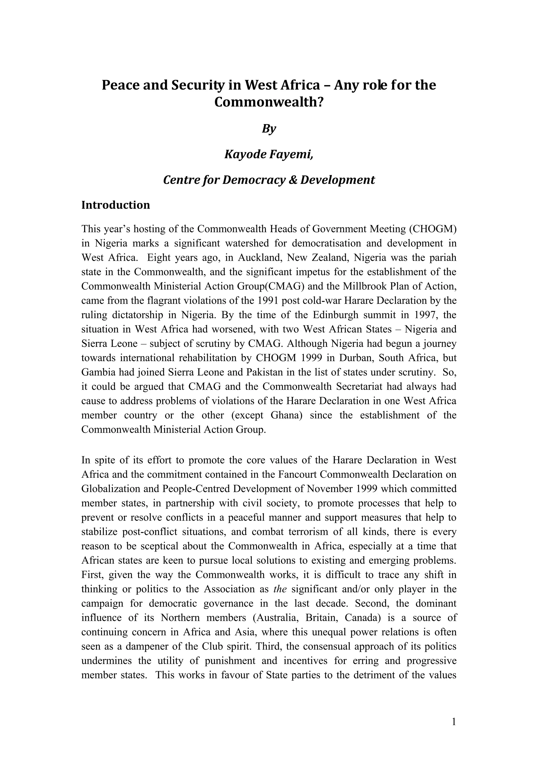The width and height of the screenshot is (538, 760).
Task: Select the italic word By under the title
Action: [x=269, y=128]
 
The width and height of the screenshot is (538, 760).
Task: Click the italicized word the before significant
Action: [x=280, y=589]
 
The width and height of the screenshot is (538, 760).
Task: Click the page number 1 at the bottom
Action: [x=454, y=722]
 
